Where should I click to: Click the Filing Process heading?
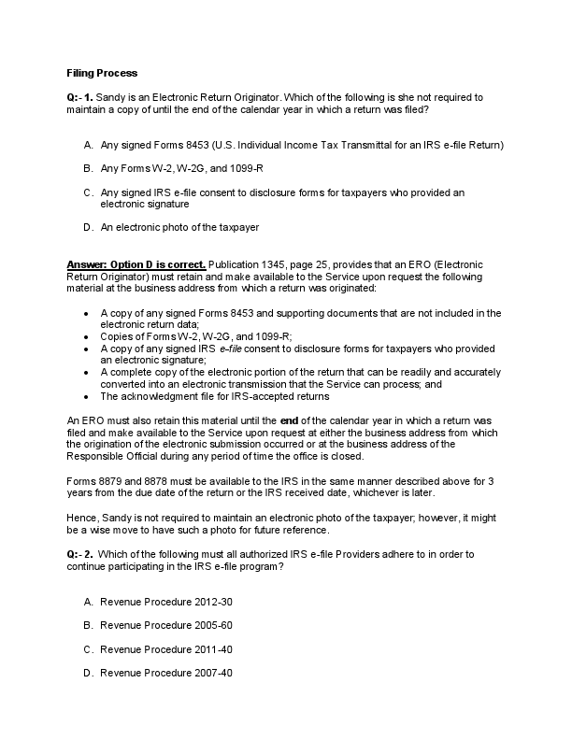click(x=102, y=72)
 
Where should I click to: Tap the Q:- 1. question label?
click(x=81, y=97)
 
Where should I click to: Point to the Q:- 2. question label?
click(x=81, y=554)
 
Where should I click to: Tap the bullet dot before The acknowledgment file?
click(x=86, y=395)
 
